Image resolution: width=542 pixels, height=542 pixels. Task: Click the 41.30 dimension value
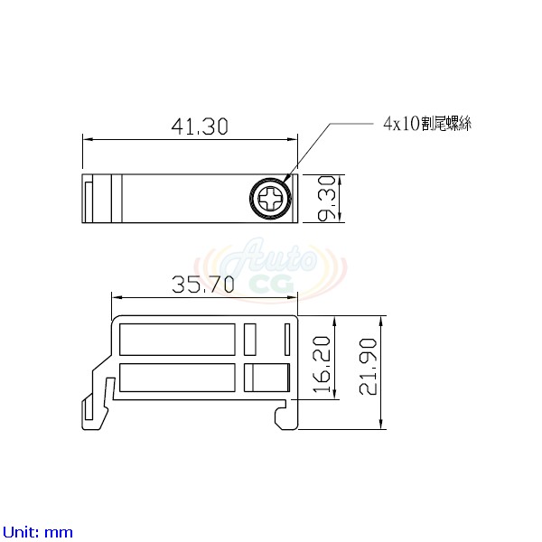point(200,126)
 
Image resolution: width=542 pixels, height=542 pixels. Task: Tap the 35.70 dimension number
point(203,285)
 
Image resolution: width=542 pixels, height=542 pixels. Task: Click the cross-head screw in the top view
point(271,198)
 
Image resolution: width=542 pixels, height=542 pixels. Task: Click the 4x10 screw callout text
point(427,125)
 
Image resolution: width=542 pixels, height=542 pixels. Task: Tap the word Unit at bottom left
point(20,532)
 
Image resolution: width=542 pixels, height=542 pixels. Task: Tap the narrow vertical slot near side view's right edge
point(286,340)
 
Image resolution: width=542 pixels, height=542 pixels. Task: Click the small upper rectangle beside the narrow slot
point(251,340)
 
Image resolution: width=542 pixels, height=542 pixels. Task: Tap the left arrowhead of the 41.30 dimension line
point(87,139)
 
